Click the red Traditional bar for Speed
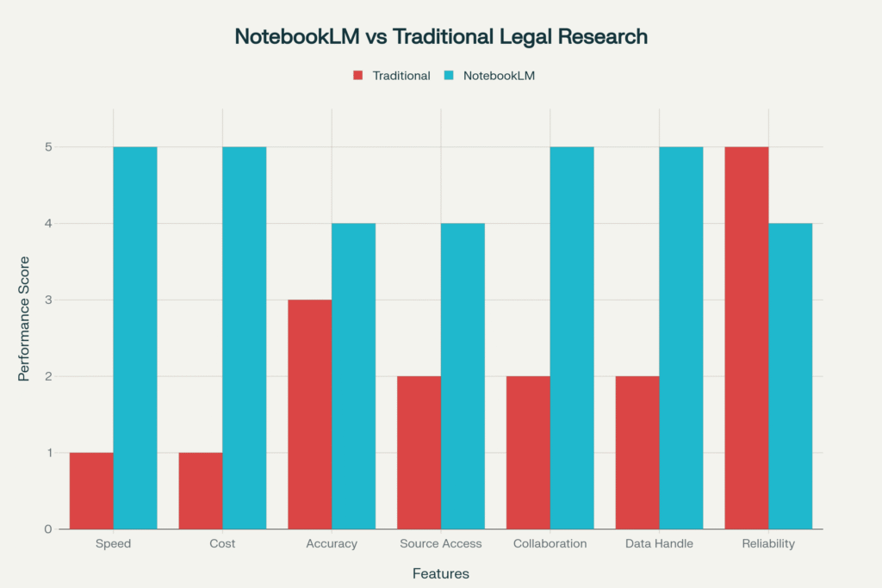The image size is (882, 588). tap(91, 491)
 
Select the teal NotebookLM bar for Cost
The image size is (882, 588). tap(244, 337)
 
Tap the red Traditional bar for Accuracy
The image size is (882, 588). tap(309, 414)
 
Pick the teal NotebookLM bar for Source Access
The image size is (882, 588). tap(463, 376)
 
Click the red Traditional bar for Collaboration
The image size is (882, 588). tap(528, 452)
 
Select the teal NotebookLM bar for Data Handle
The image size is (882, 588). tap(680, 337)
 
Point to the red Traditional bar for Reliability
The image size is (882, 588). tap(746, 337)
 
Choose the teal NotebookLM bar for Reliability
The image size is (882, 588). tap(790, 376)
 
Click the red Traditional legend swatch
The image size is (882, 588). tap(358, 76)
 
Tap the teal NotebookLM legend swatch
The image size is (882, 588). tap(449, 76)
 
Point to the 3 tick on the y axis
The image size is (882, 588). tap(48, 300)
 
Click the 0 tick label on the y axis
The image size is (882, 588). tap(48, 529)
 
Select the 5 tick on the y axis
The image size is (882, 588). tap(48, 147)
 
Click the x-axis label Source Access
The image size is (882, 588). tap(441, 544)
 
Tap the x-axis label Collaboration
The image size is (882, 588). tap(550, 544)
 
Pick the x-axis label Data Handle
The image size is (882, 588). tap(659, 544)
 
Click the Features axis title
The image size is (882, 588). tap(441, 573)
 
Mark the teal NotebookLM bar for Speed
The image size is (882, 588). tap(135, 337)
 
